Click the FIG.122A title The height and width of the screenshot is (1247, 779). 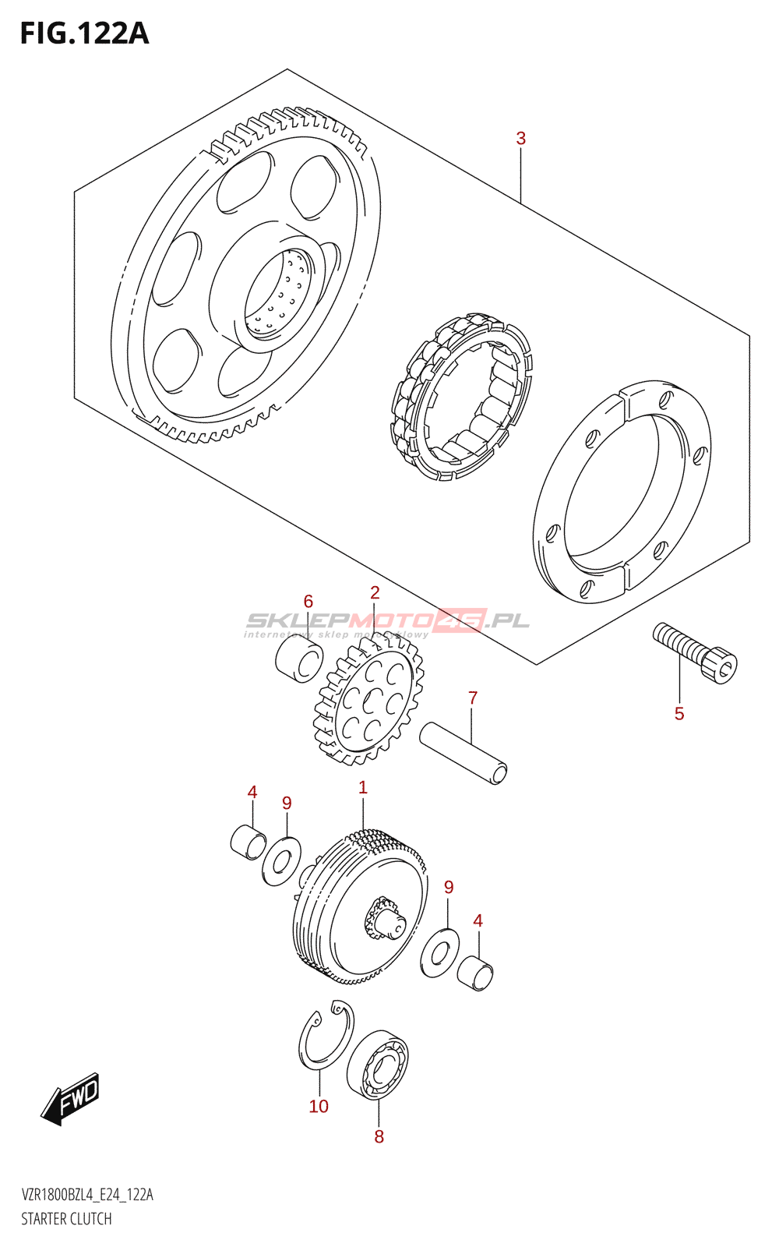click(84, 34)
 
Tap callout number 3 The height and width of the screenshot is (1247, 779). click(520, 139)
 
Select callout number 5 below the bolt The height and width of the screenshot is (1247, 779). click(679, 714)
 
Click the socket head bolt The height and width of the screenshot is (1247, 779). click(695, 653)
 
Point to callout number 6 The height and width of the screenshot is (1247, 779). click(308, 602)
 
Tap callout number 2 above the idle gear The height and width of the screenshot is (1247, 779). click(375, 593)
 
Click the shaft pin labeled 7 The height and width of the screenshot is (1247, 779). click(464, 753)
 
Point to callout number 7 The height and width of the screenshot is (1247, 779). click(473, 698)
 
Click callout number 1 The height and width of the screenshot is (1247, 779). click(363, 788)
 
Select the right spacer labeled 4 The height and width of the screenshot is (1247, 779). click(474, 972)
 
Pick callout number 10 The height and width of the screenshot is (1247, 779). click(319, 1107)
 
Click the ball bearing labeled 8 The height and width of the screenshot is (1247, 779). click(378, 1064)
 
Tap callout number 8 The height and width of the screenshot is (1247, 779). click(379, 1137)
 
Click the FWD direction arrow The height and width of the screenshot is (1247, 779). click(71, 1099)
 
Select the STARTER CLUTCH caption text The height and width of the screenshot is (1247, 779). click(66, 1219)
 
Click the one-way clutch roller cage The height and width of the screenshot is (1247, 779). click(461, 397)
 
